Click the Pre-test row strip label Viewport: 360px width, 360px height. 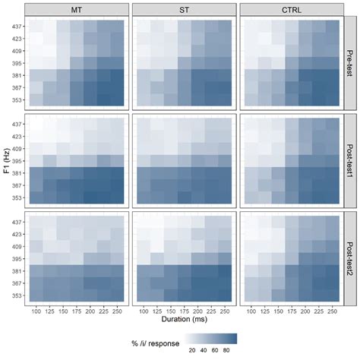[350, 63]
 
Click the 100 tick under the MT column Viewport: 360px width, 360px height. [36, 310]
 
